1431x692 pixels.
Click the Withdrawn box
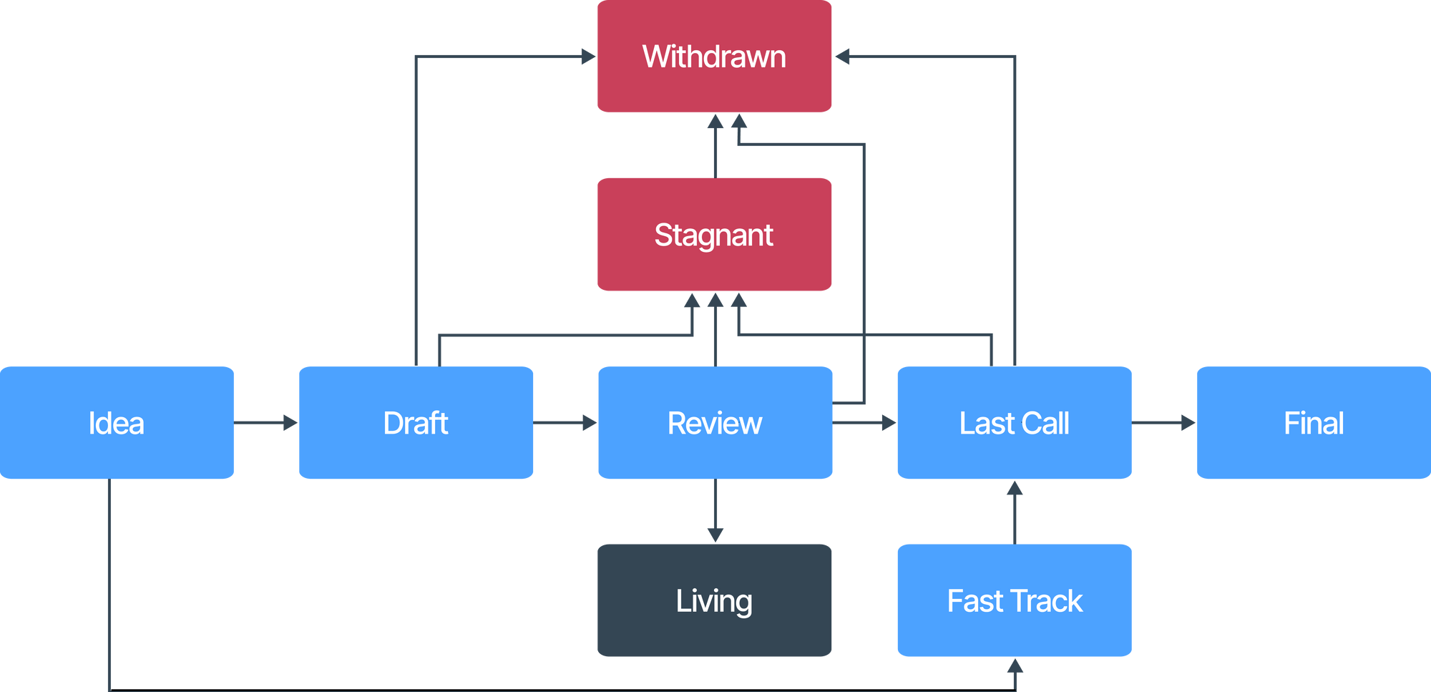click(x=714, y=57)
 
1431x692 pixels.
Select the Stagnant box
click(x=714, y=235)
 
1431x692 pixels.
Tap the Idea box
click(x=117, y=423)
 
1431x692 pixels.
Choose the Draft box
click(x=416, y=423)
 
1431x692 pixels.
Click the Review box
click(x=715, y=423)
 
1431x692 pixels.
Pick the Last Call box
click(x=1014, y=423)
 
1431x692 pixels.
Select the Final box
click(x=1313, y=423)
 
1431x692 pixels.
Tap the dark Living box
click(x=714, y=600)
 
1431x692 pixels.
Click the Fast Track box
click(x=1014, y=600)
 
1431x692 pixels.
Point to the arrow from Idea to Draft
click(x=266, y=423)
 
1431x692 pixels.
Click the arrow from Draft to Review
click(x=565, y=423)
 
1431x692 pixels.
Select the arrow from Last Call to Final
click(x=1164, y=423)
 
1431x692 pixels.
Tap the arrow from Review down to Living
click(x=715, y=512)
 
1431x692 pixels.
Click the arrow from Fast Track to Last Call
click(x=1014, y=512)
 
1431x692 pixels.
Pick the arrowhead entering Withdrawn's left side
click(x=587, y=57)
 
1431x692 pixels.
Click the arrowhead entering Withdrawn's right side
click(x=843, y=57)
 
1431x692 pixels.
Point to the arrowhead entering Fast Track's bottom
click(x=1015, y=668)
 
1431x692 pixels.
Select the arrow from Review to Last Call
click(x=864, y=423)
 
